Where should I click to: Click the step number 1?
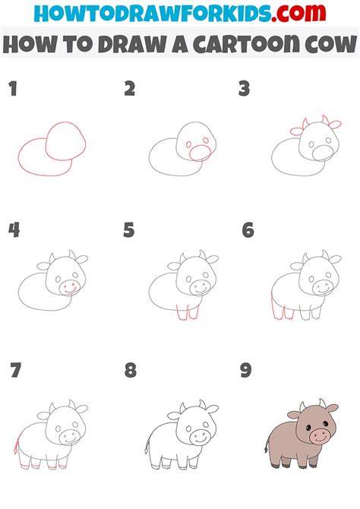click(13, 89)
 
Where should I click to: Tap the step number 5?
click(129, 230)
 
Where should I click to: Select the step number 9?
click(246, 371)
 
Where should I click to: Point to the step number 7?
click(16, 371)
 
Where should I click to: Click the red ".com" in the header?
click(298, 13)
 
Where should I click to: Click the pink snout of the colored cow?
click(320, 436)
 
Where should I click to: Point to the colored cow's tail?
click(267, 444)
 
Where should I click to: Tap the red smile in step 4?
click(70, 288)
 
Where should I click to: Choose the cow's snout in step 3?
click(322, 153)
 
